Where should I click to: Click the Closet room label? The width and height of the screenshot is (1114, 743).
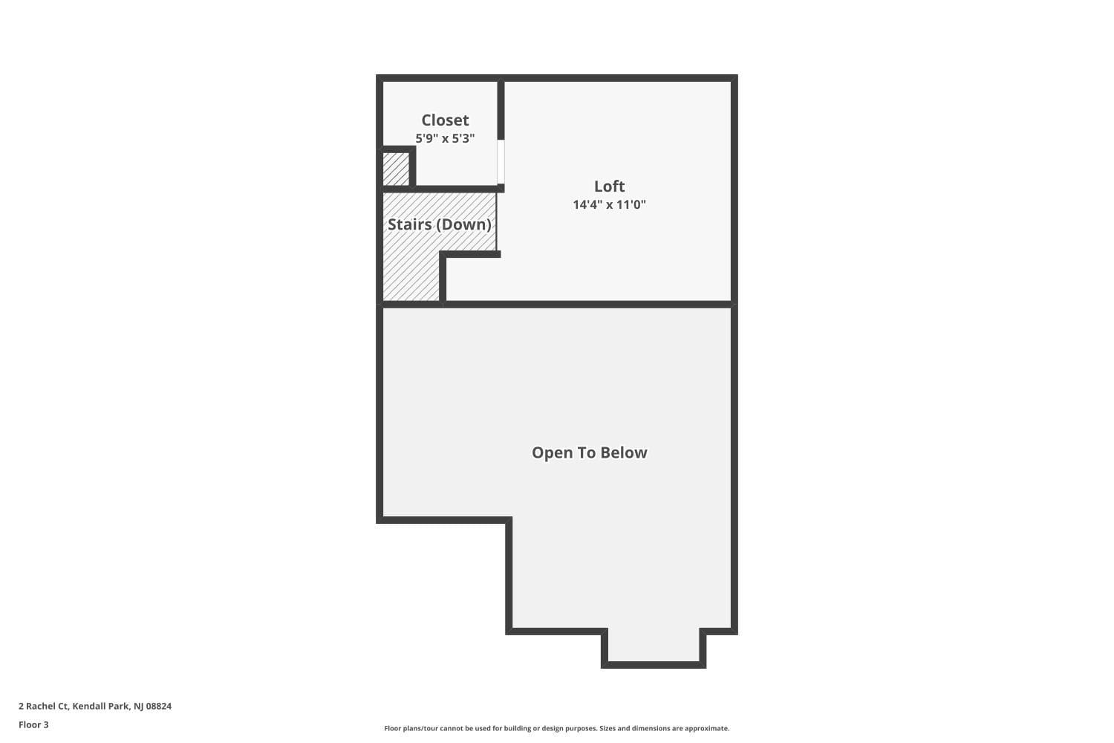[x=445, y=120]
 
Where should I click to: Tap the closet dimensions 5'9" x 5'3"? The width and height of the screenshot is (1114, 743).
[x=445, y=138]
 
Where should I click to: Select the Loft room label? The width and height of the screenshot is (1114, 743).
[x=609, y=186]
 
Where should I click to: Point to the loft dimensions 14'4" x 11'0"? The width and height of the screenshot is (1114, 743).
[x=609, y=204]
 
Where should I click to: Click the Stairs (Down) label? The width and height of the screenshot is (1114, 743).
[x=439, y=224]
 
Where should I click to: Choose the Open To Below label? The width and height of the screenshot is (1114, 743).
[x=589, y=452]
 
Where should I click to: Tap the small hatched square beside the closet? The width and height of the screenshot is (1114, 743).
[x=396, y=169]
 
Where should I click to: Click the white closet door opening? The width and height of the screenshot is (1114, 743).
[x=501, y=161]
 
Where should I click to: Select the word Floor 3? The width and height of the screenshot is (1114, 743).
[x=33, y=724]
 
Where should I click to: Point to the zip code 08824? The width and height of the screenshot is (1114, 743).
[x=158, y=706]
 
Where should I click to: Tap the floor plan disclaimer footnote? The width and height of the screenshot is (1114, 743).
[x=556, y=728]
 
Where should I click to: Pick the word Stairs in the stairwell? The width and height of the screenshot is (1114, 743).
[x=409, y=224]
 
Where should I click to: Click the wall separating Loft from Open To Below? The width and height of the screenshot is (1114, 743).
[x=587, y=304]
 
